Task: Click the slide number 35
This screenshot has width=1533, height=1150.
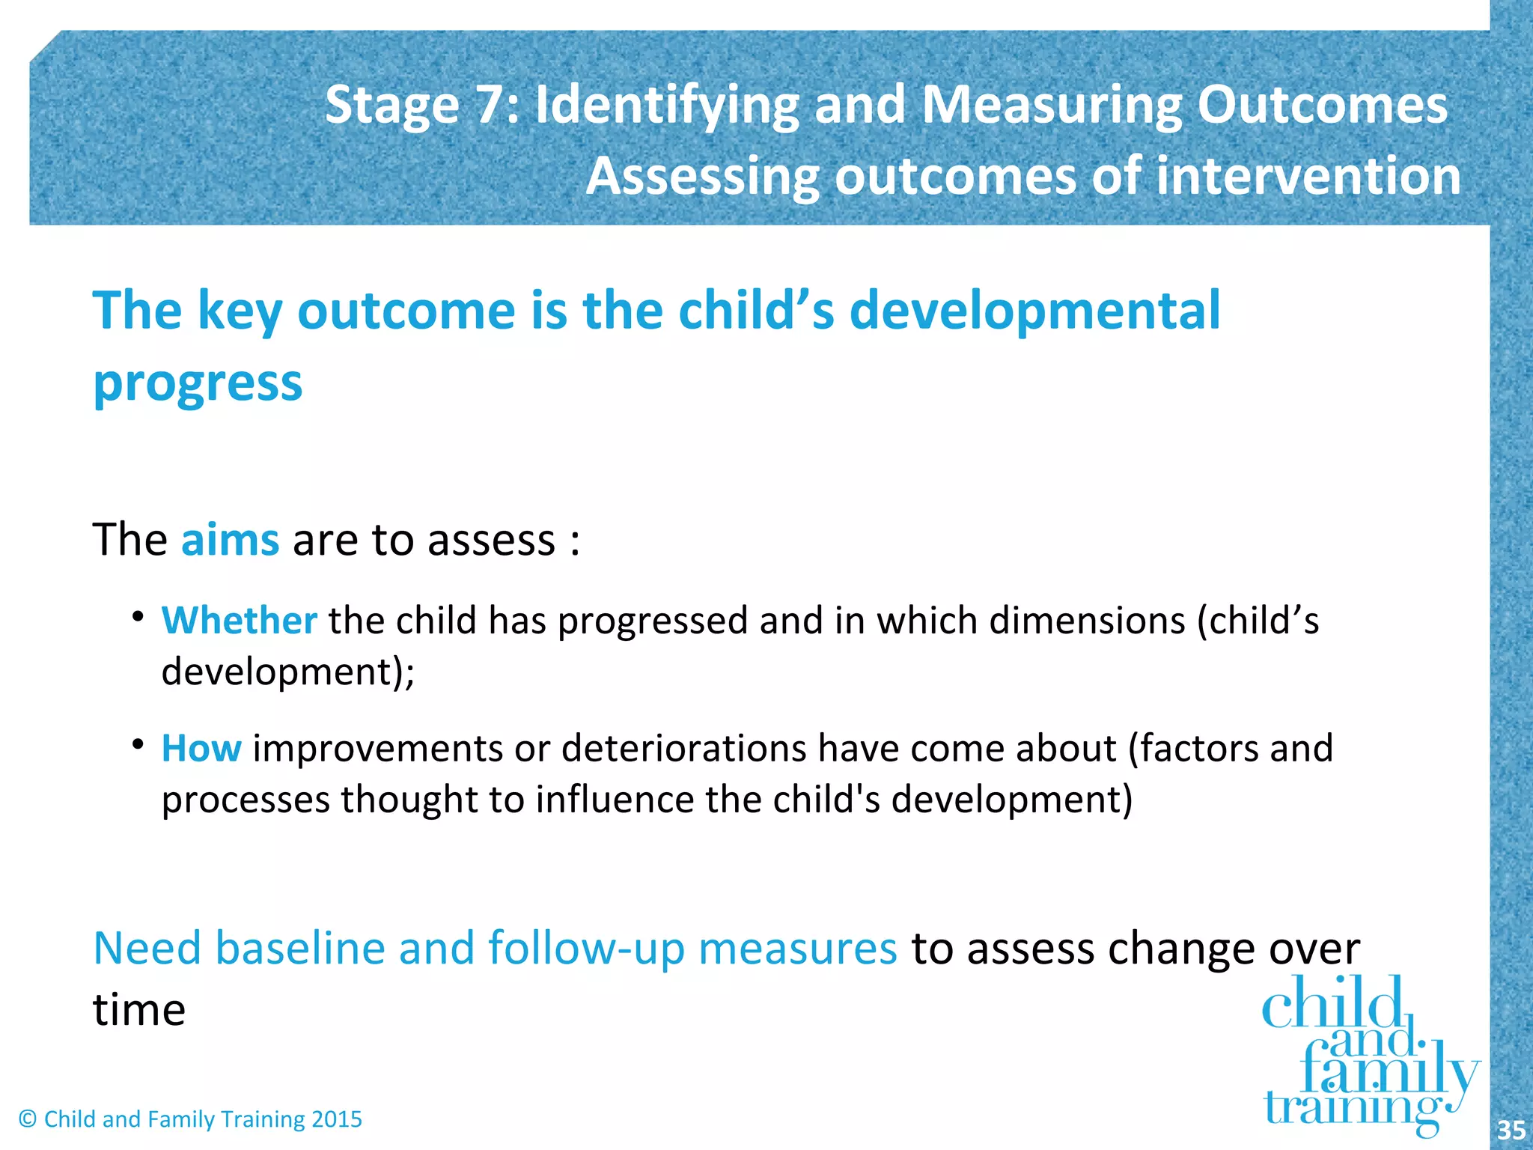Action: (x=1511, y=1130)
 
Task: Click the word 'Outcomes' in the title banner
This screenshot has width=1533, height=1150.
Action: (x=1322, y=105)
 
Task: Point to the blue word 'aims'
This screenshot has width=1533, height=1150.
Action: (x=230, y=540)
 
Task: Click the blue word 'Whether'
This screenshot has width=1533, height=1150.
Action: (x=239, y=621)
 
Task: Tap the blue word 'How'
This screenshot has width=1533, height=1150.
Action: (x=201, y=748)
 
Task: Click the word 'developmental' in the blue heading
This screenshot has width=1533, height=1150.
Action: (x=1034, y=311)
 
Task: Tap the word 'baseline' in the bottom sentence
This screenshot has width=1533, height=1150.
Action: (x=300, y=948)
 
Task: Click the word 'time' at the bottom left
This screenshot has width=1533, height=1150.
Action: (x=139, y=1010)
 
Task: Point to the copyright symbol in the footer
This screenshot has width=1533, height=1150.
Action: (x=28, y=1119)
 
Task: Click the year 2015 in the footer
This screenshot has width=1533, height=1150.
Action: (x=336, y=1119)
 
